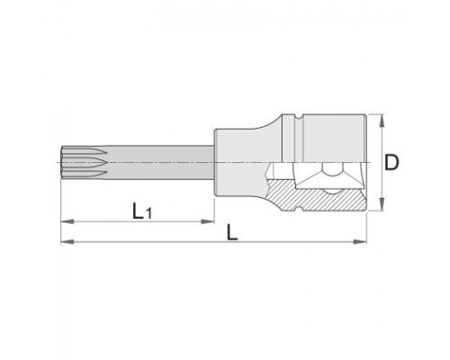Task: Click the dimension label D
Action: point(391,163)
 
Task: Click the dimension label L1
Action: point(142,211)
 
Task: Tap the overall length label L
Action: point(232,232)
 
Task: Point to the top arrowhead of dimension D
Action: point(382,120)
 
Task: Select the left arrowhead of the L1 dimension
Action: point(67,221)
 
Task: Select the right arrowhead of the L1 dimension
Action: point(208,221)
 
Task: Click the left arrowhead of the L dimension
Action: point(67,241)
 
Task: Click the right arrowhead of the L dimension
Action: point(360,241)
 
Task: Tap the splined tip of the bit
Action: point(84,163)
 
